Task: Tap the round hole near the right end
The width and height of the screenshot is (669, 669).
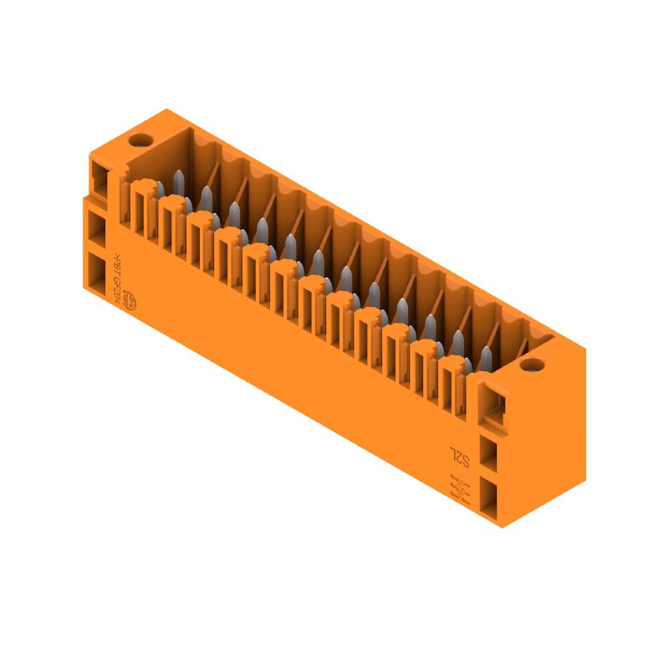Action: pos(529,365)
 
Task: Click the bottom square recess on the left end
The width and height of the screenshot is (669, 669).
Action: pos(98,273)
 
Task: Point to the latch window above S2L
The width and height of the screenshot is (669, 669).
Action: pos(495,408)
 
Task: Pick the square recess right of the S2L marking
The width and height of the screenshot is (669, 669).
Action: pos(489,457)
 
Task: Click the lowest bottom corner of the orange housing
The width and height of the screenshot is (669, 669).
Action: pos(501,528)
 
